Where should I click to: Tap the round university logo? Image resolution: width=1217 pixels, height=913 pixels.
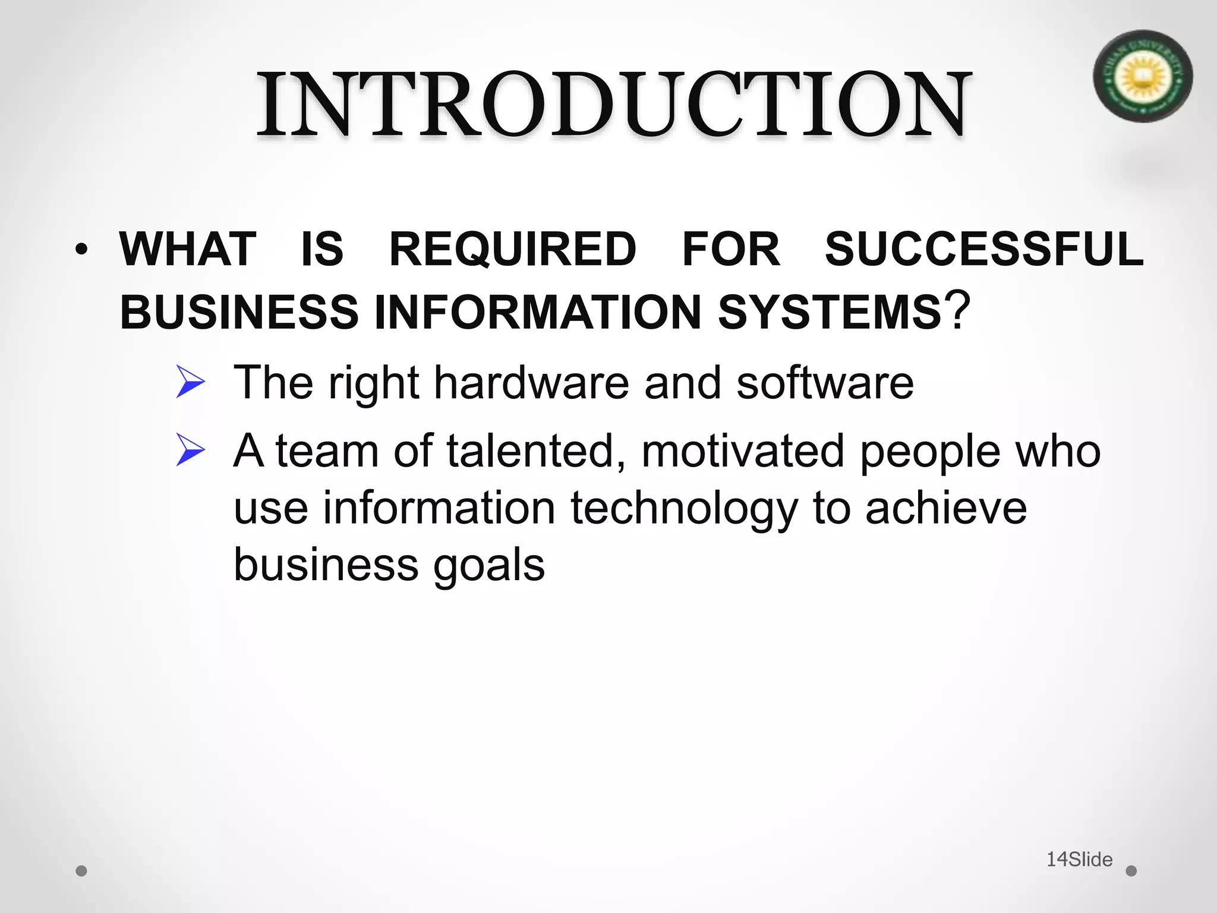click(1142, 76)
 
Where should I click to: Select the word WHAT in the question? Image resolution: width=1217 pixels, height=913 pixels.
click(188, 249)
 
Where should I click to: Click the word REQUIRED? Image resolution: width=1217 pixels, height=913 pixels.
click(512, 250)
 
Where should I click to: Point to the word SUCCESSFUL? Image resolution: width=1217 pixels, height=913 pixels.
click(984, 249)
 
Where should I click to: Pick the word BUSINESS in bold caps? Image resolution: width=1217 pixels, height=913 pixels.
click(239, 312)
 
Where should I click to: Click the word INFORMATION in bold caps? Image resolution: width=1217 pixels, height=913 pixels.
click(538, 312)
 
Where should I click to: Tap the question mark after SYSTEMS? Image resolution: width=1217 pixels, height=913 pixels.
click(958, 310)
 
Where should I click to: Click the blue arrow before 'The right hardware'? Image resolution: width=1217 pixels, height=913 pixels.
click(191, 383)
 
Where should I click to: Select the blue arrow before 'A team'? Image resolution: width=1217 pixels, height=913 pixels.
click(191, 451)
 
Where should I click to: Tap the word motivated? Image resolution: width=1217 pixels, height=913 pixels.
click(743, 451)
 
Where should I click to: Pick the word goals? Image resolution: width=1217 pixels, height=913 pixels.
click(488, 566)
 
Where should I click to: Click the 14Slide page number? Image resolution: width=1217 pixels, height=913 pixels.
click(1079, 859)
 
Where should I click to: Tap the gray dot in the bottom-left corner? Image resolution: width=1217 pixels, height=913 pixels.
click(82, 871)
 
